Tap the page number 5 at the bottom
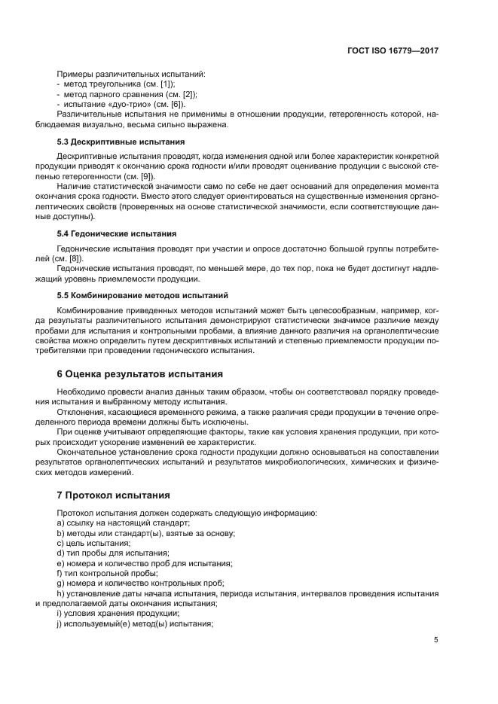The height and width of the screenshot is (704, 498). [436, 639]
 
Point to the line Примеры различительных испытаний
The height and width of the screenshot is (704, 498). [130, 74]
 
